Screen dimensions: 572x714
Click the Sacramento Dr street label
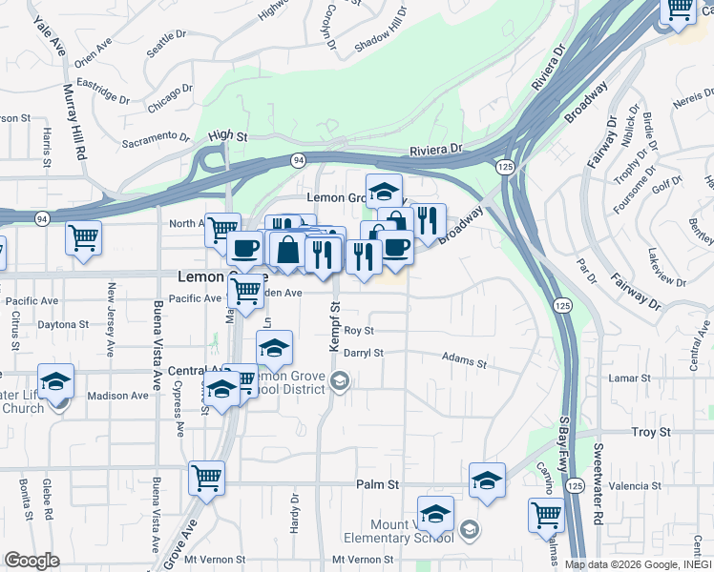click(x=158, y=141)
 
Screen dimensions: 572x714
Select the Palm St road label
click(x=377, y=484)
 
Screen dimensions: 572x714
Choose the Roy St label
click(x=359, y=330)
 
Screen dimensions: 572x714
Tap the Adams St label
click(x=464, y=359)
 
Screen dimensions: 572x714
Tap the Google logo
click(x=31, y=561)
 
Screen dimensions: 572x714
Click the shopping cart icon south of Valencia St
click(x=545, y=515)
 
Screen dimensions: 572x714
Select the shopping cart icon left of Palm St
click(x=206, y=477)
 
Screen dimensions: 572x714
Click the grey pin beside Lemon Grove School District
click(x=339, y=382)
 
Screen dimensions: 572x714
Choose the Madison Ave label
click(x=114, y=396)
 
